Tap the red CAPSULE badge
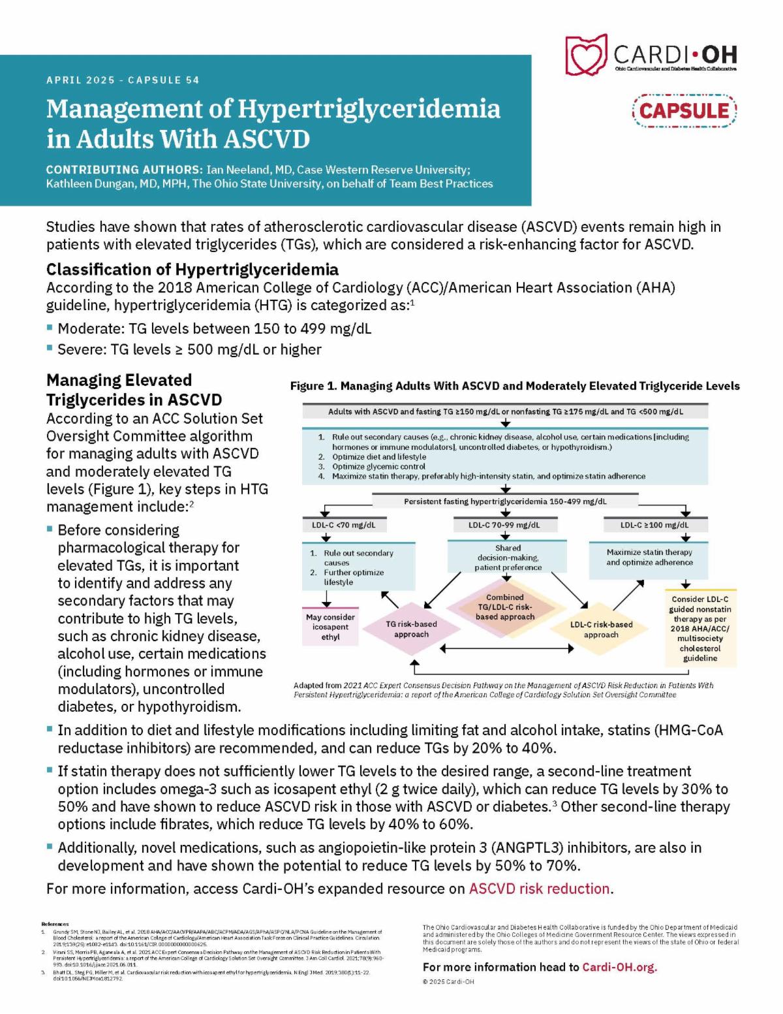tap(684, 110)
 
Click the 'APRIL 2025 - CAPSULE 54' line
tap(123, 80)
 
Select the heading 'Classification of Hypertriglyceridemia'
tap(192, 270)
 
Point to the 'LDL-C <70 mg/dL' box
tap(344, 524)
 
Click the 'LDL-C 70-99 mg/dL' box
tap(504, 524)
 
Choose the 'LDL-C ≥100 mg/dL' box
tap(654, 524)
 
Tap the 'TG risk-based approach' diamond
tap(411, 629)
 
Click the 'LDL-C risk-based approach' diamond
tap(601, 629)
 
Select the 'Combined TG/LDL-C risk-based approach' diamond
tap(505, 607)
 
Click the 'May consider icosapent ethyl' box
tap(330, 627)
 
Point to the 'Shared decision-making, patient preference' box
tap(508, 558)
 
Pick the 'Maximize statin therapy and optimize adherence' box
tap(649, 558)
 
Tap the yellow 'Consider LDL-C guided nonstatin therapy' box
tap(700, 628)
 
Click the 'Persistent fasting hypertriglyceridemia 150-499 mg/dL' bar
tap(505, 501)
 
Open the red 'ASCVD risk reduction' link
tap(540, 889)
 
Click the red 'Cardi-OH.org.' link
tap(619, 967)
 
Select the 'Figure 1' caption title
tap(515, 386)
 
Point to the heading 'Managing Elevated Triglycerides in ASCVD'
tap(134, 390)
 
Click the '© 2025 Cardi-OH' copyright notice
tap(448, 981)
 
